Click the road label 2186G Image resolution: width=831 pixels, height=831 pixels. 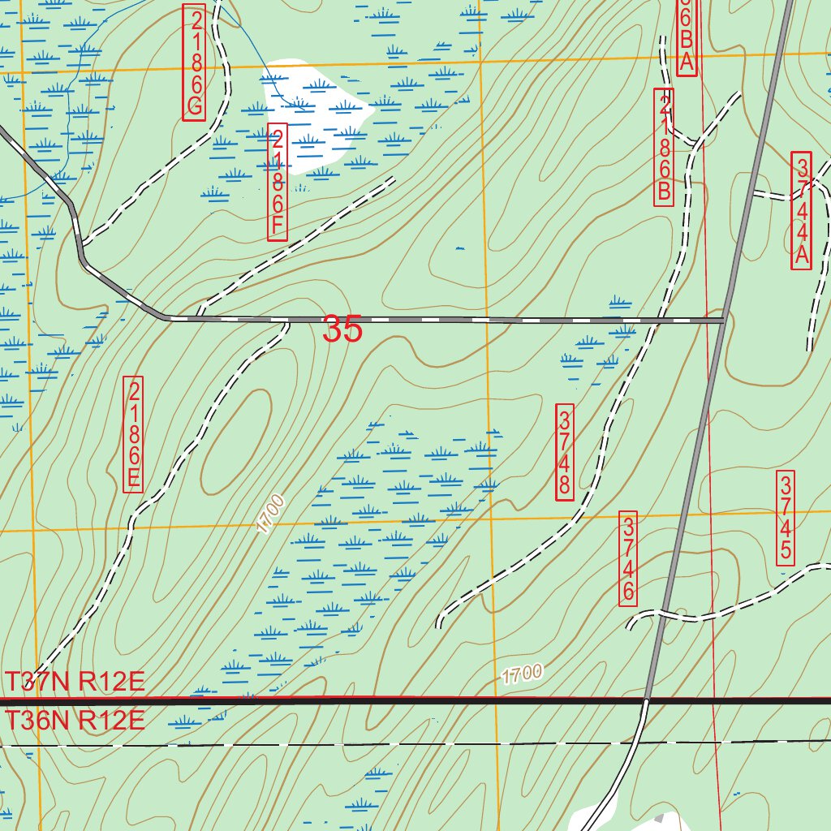click(194, 62)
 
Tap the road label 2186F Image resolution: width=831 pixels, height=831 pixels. click(278, 183)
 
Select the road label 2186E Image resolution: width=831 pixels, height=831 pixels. click(134, 434)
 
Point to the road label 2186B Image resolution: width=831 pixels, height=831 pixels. click(665, 147)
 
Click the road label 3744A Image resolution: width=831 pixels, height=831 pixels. click(802, 211)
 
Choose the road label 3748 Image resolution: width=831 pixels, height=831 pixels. click(565, 451)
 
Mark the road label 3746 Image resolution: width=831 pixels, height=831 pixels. click(628, 558)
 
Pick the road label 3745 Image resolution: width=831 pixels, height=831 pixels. click(785, 518)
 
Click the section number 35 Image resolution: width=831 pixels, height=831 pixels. click(342, 330)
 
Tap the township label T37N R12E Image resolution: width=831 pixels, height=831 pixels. click(75, 682)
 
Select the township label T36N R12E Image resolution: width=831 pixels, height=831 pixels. click(75, 720)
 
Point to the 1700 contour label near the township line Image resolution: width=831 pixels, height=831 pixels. click(521, 674)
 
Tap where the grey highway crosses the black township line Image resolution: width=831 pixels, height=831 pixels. click(647, 700)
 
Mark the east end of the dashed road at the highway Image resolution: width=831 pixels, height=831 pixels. click(722, 321)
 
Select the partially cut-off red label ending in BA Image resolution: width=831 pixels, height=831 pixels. click(686, 37)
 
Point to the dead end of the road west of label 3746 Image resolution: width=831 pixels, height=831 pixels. click(439, 626)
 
